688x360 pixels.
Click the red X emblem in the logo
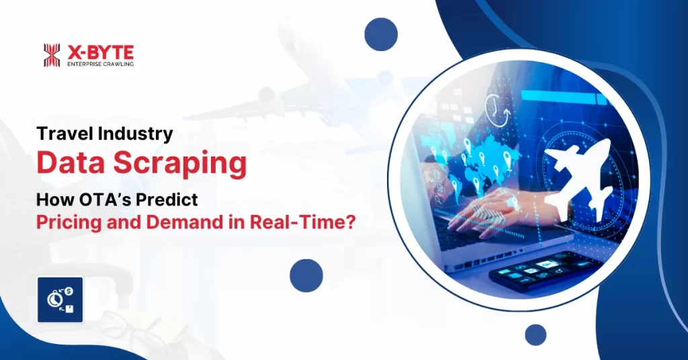coord(52,55)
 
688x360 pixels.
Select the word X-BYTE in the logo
coord(99,51)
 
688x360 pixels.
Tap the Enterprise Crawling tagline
coord(99,64)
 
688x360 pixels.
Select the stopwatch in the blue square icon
coord(54,300)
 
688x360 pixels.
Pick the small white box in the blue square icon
coord(70,308)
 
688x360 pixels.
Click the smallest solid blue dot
coord(535,334)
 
